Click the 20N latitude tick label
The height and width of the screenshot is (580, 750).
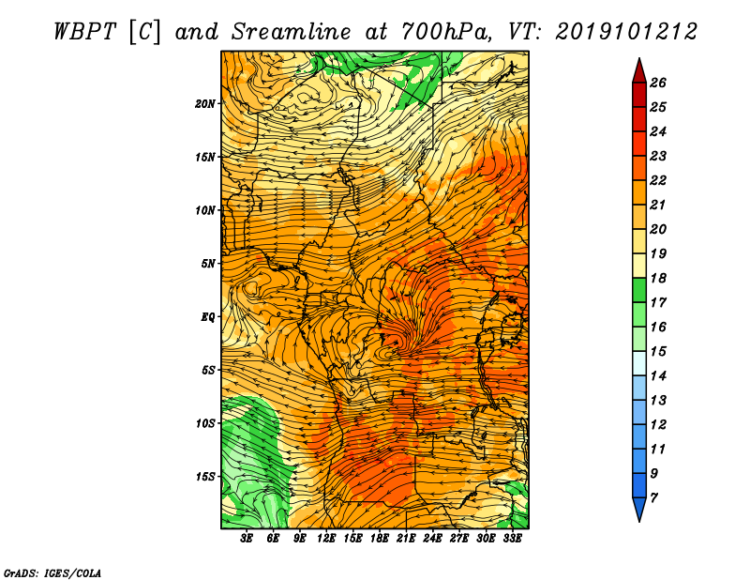[205, 104]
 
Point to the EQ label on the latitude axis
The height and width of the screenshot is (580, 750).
[207, 317]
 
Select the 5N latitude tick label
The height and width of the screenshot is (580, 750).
[208, 264]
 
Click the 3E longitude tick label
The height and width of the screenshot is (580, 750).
[247, 539]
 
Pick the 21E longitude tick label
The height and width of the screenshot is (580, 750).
[406, 539]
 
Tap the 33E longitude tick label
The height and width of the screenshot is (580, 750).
[512, 539]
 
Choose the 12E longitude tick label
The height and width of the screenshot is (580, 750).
[326, 539]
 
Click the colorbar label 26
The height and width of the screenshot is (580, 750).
[658, 83]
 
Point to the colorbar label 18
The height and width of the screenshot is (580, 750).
[658, 278]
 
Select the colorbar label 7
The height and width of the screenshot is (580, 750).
[653, 498]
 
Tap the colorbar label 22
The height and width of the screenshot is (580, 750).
[658, 180]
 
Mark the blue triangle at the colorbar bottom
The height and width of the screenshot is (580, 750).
[639, 507]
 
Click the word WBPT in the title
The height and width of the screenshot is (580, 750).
[84, 32]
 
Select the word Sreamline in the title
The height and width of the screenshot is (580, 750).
[292, 32]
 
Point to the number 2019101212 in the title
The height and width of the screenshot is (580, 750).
[626, 32]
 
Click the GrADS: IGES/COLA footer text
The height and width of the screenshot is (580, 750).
[52, 573]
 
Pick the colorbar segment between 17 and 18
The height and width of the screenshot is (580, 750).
[639, 290]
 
